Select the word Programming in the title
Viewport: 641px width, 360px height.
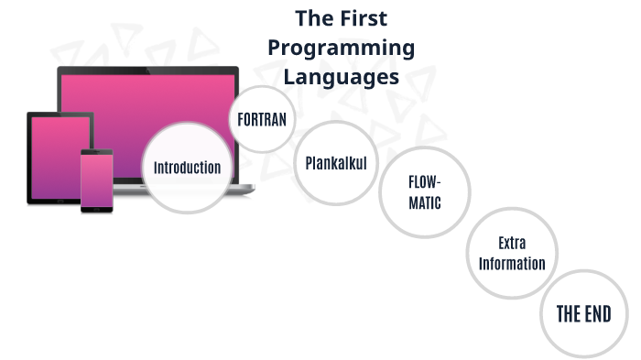(x=341, y=48)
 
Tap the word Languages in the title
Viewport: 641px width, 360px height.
(x=341, y=76)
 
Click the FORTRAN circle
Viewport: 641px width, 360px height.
(x=262, y=119)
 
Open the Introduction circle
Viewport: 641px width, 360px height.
(x=187, y=169)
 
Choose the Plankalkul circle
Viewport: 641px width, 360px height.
(x=336, y=164)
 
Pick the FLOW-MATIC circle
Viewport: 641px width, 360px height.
(x=425, y=191)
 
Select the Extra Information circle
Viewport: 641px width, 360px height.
(x=512, y=254)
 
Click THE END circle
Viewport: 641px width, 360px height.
(x=583, y=314)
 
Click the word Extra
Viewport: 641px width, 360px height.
(x=512, y=244)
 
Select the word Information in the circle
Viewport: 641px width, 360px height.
(x=512, y=264)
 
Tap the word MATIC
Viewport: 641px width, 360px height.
(x=425, y=202)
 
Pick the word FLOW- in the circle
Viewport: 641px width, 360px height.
(x=425, y=181)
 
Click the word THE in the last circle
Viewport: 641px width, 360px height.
(x=569, y=314)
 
